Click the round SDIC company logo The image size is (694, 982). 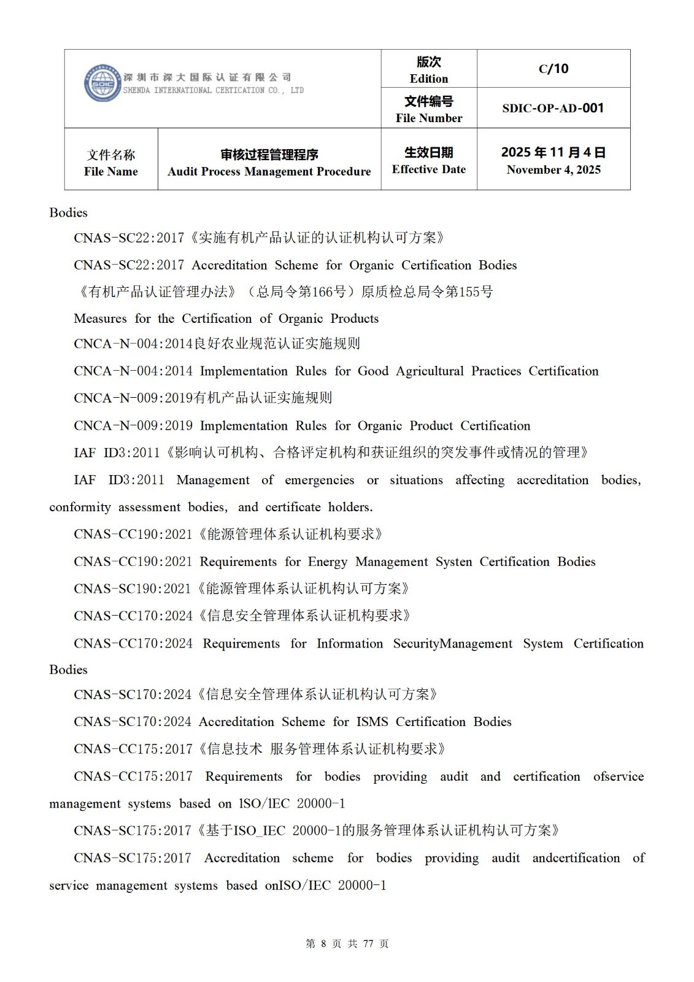tap(102, 83)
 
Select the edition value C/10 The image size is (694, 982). tap(553, 69)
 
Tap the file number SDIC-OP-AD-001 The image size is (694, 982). tap(553, 108)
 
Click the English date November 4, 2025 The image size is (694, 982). tap(553, 170)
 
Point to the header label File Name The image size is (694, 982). tap(111, 172)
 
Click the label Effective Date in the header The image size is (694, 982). tap(429, 169)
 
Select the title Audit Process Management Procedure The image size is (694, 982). tap(269, 172)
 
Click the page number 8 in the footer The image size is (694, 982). tap(324, 943)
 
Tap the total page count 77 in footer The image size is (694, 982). tap(368, 943)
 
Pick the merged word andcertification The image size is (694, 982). tap(576, 858)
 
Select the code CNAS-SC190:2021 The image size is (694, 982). tap(133, 589)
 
